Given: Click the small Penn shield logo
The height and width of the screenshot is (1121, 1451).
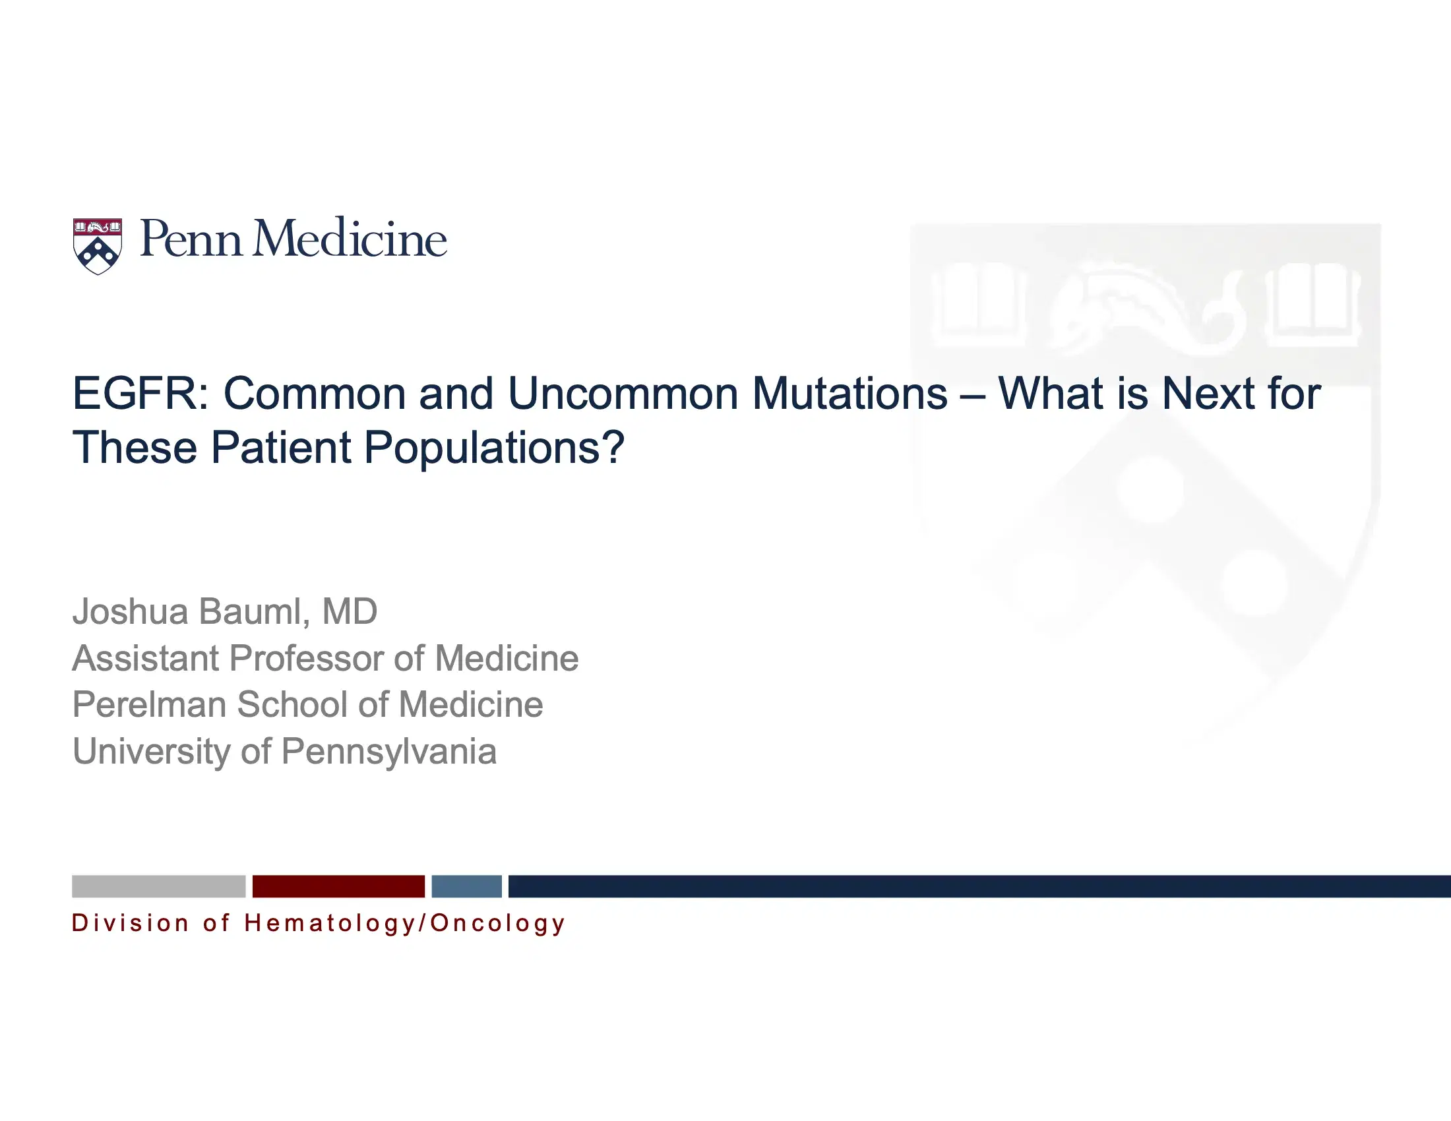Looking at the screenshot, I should [97, 245].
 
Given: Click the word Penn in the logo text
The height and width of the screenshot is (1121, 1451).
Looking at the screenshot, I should [190, 239].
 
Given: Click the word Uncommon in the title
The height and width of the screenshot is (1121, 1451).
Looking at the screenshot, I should [623, 394].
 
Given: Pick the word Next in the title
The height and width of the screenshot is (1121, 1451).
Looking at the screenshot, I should [1208, 394].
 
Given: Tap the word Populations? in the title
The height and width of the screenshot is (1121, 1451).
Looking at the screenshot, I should [493, 448].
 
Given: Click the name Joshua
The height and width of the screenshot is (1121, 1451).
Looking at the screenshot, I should [130, 611].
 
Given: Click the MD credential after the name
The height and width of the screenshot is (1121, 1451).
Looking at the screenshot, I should [350, 611].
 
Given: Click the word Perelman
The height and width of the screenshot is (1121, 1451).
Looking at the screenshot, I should [149, 705].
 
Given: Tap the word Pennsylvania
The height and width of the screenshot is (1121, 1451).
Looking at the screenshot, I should [388, 752].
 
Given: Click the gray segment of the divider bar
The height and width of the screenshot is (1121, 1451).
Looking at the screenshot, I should [158, 886].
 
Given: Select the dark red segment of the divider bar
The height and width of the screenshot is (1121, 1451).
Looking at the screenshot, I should [338, 886].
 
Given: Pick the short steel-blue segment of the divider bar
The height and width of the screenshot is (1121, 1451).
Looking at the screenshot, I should [466, 886].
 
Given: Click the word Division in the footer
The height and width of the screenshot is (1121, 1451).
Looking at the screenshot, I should [130, 923].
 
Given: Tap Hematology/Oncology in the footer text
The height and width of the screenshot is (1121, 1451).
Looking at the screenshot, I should [404, 923].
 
